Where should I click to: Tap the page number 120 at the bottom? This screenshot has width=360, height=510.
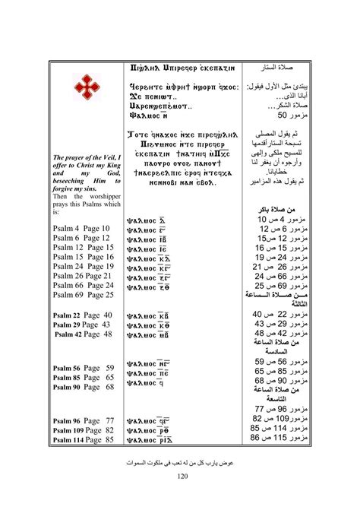[180, 476]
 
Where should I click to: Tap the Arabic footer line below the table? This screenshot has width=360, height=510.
[180, 461]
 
